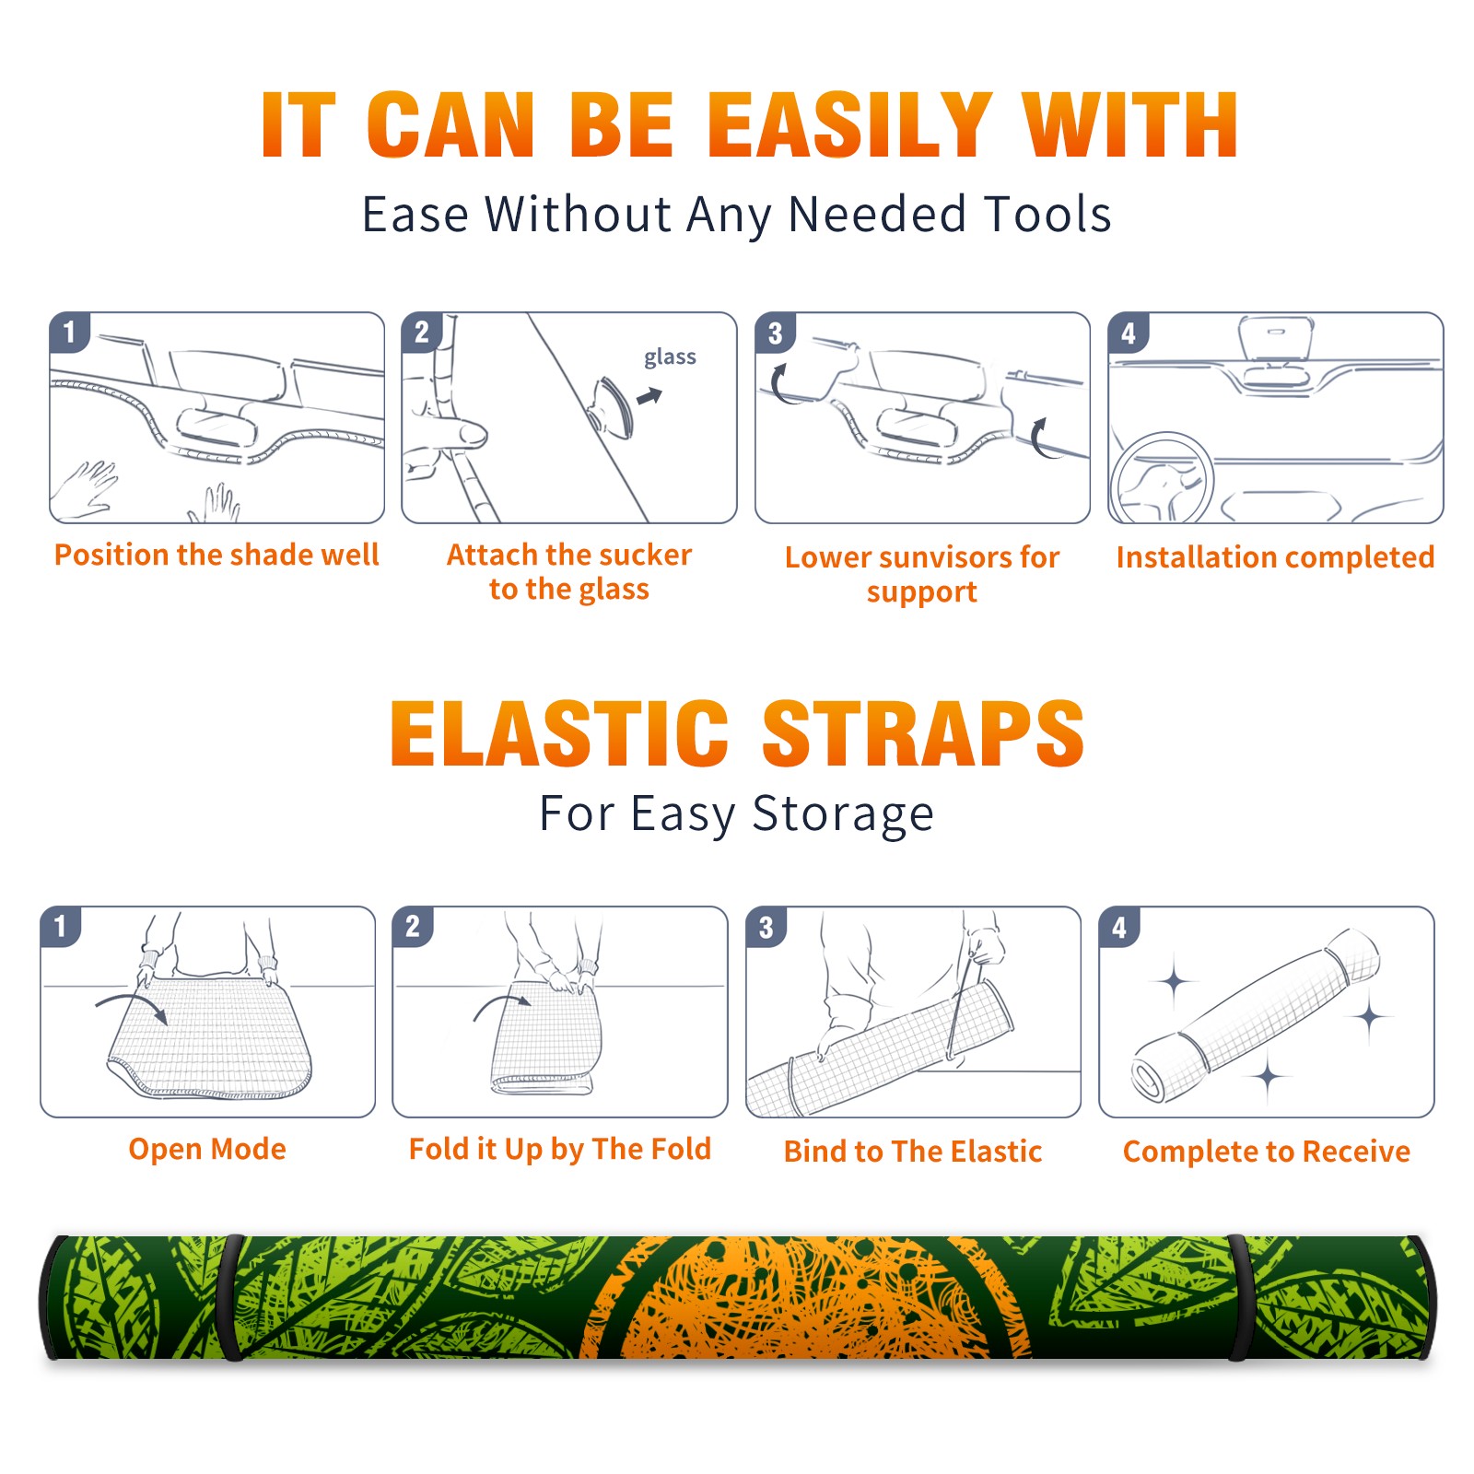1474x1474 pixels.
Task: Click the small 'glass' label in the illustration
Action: (670, 357)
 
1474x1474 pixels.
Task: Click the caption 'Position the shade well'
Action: (216, 555)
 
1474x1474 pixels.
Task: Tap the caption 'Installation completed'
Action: (1275, 557)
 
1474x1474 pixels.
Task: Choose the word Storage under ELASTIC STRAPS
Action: (843, 815)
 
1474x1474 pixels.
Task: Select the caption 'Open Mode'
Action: (207, 1149)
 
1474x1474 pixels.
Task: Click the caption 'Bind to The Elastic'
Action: (913, 1152)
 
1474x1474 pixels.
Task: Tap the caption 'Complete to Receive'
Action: (1267, 1152)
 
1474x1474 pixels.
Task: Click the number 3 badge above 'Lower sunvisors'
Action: (775, 333)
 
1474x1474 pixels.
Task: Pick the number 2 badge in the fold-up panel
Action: (413, 926)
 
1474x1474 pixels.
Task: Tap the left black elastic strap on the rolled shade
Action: (230, 1297)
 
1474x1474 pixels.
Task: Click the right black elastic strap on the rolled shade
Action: (1239, 1297)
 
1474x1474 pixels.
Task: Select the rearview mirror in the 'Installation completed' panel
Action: (1275, 338)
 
